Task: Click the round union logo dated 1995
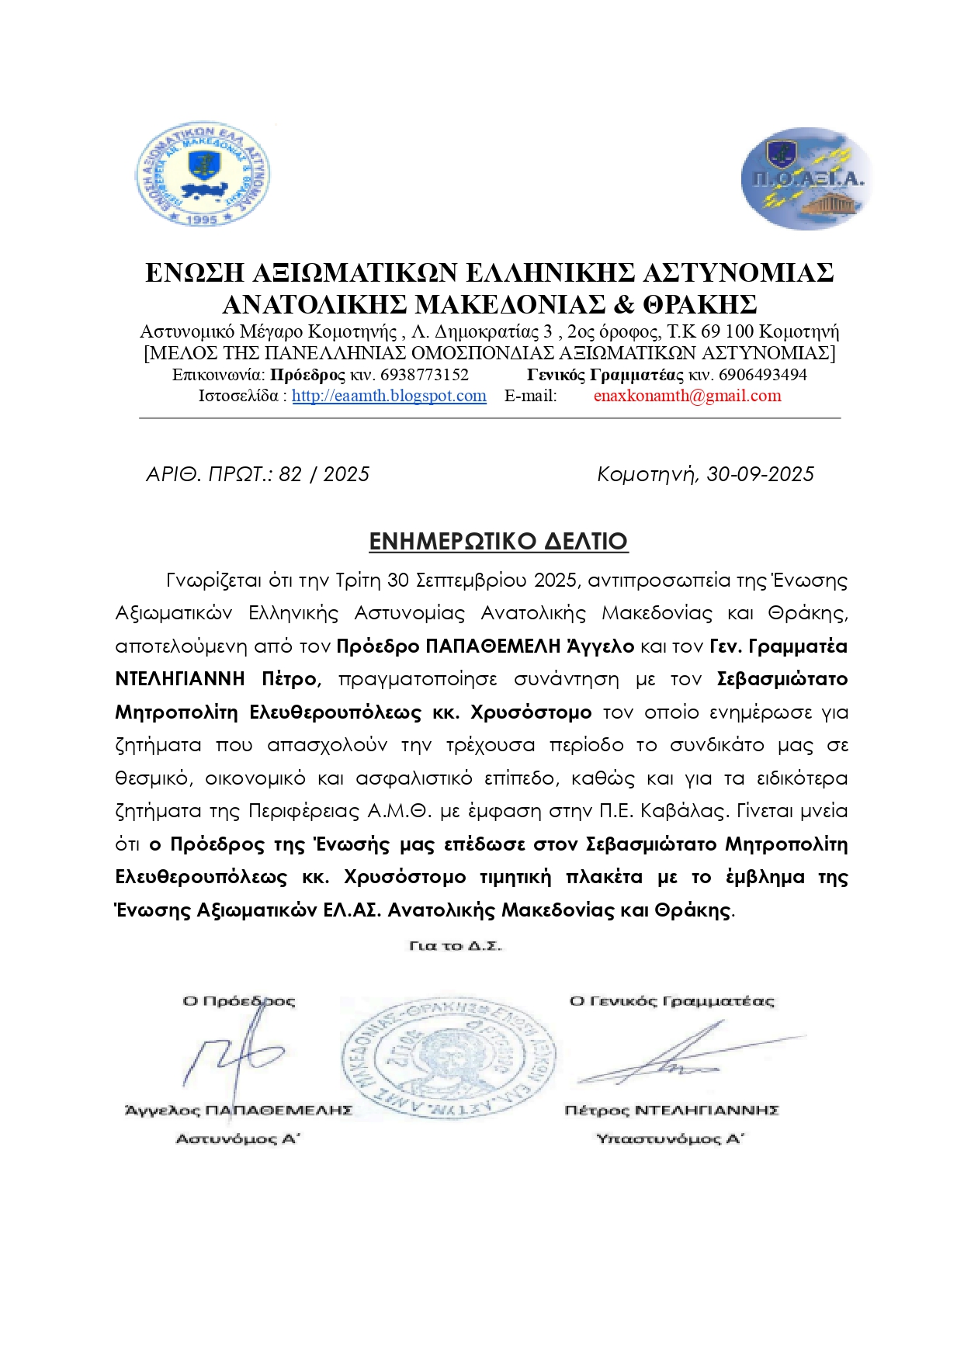tap(203, 174)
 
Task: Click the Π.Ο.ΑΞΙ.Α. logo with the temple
tap(806, 179)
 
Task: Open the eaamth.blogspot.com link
tap(389, 396)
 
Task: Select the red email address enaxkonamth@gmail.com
tap(687, 396)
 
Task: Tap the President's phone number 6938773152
tap(425, 375)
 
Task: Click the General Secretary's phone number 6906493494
tap(762, 375)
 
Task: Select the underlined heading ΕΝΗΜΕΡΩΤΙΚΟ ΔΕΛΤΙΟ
tap(498, 541)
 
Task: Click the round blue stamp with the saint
tap(448, 1059)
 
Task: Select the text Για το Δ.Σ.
tap(456, 946)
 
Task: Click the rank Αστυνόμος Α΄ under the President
tap(238, 1138)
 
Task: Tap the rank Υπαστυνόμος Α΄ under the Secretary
tap(670, 1138)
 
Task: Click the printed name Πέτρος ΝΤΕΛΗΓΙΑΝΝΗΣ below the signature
tap(671, 1110)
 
